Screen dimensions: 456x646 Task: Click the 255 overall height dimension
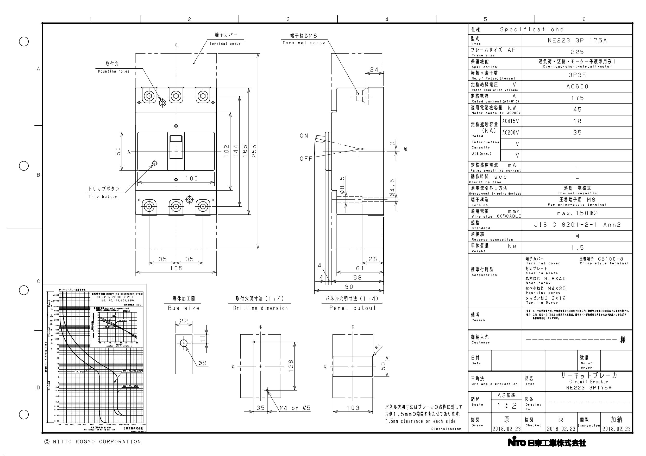254,151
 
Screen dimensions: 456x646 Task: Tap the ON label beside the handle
304,136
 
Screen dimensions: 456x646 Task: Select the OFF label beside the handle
306,159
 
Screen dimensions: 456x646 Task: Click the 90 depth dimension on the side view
349,287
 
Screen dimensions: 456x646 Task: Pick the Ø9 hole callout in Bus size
202,363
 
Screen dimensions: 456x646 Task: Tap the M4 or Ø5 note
294,408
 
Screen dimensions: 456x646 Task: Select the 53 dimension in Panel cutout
383,366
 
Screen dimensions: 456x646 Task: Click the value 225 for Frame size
577,52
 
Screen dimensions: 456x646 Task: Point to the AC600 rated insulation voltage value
577,87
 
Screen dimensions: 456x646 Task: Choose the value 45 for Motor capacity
577,109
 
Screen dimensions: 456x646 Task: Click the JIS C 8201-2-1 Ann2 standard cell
577,225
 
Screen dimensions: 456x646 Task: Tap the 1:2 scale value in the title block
506,406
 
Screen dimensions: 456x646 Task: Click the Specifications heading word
532,29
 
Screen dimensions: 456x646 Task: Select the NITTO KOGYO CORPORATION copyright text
93,442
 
